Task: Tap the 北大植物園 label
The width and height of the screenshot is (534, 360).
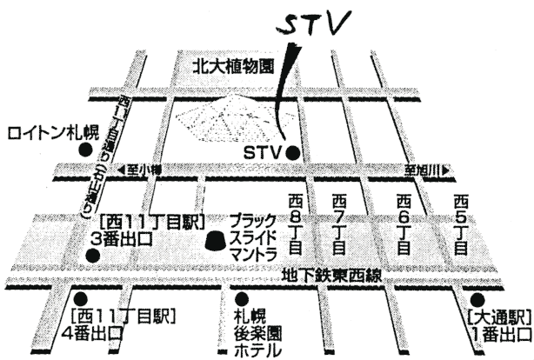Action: tap(233, 65)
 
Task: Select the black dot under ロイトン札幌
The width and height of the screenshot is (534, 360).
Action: tap(86, 150)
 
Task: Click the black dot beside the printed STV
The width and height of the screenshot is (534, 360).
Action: tap(293, 154)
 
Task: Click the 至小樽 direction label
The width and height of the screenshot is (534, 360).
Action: tap(138, 171)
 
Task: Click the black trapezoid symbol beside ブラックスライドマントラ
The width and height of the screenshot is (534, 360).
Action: tap(215, 236)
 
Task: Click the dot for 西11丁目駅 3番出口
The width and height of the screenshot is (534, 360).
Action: tap(92, 256)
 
